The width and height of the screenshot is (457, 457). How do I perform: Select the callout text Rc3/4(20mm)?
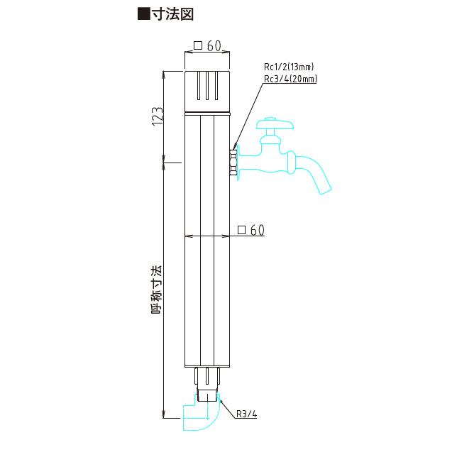click(x=290, y=79)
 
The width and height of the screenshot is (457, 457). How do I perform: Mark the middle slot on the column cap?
click(x=207, y=87)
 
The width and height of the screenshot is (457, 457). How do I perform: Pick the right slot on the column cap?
click(x=215, y=87)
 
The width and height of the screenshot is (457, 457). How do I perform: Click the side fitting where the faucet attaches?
click(x=234, y=161)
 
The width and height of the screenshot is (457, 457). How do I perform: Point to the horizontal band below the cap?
click(x=207, y=114)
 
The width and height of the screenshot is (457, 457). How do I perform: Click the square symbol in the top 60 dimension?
click(x=198, y=46)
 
